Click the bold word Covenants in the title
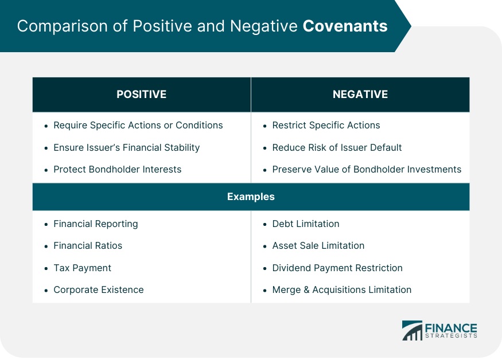[x=345, y=26]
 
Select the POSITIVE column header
[x=141, y=95]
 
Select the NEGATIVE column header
[x=360, y=95]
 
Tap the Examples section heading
[x=251, y=197]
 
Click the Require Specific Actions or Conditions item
[x=138, y=125]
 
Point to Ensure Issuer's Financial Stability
[x=126, y=147]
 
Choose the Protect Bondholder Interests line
[x=117, y=169]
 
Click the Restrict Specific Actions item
[x=326, y=125]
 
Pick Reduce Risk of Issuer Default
[x=337, y=147]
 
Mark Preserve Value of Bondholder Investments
[x=367, y=169]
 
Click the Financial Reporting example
[x=95, y=224]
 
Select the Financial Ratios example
[x=88, y=245]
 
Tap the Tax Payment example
[x=82, y=268]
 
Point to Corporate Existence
[x=98, y=289]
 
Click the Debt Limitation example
[x=305, y=224]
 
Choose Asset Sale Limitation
[x=318, y=245]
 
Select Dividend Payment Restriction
[x=337, y=268]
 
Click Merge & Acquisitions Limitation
[x=341, y=289]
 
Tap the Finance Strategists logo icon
[x=411, y=331]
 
